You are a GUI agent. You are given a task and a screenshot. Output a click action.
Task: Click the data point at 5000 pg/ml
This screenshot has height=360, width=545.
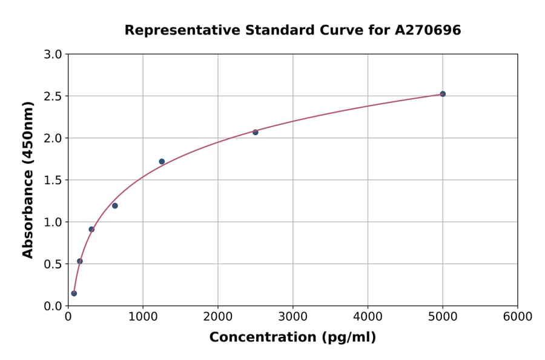pyautogui.click(x=443, y=94)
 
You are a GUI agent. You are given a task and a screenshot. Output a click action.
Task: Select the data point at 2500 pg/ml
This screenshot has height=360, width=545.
pyautogui.click(x=256, y=132)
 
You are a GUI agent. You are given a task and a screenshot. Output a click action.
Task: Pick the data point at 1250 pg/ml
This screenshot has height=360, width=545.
pyautogui.click(x=162, y=161)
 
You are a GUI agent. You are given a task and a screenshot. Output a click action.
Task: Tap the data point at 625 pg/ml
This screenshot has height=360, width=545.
pyautogui.click(x=115, y=205)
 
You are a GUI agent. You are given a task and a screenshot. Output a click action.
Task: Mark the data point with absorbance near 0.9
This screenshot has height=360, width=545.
pyautogui.click(x=91, y=229)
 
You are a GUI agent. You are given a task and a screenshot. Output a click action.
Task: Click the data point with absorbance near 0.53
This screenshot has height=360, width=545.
pyautogui.click(x=80, y=261)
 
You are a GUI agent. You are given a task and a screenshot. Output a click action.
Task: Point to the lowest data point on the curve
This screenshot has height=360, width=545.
pyautogui.click(x=74, y=293)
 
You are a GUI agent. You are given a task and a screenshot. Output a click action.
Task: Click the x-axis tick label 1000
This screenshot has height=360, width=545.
pyautogui.click(x=143, y=317)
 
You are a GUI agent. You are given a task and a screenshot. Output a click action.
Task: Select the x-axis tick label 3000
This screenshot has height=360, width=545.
pyautogui.click(x=293, y=317)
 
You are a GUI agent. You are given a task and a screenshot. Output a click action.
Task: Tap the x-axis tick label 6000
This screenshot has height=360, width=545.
pyautogui.click(x=518, y=317)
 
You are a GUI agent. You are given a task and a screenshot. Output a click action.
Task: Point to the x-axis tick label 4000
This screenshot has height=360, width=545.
pyautogui.click(x=368, y=317)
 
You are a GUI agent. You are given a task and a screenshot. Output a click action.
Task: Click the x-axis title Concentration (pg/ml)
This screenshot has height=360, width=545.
pyautogui.click(x=292, y=338)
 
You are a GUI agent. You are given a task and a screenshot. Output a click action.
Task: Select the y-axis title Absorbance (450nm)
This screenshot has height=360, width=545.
pyautogui.click(x=28, y=179)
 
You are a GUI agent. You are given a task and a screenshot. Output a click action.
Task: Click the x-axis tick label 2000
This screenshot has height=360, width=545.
pyautogui.click(x=218, y=317)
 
